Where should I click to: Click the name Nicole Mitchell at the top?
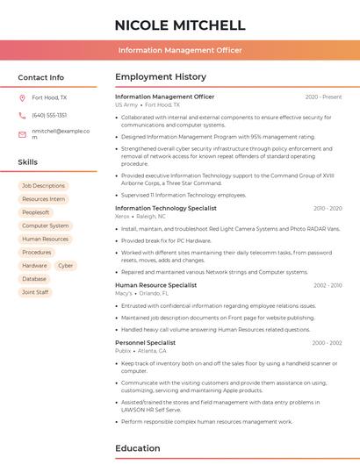(179, 25)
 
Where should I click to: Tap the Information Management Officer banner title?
(179, 51)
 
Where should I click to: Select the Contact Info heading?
(40, 77)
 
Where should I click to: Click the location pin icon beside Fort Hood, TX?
(22, 98)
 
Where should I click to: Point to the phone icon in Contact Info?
(22, 115)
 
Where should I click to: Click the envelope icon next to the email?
(22, 134)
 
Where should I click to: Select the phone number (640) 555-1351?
(49, 115)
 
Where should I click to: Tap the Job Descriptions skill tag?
(43, 186)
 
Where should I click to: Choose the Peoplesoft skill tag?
(36, 212)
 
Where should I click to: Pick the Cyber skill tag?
(66, 265)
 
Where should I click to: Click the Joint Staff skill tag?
(35, 292)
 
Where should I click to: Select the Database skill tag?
(34, 279)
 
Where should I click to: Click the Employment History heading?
(161, 77)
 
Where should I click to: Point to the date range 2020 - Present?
(323, 97)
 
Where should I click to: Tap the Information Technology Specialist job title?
(165, 208)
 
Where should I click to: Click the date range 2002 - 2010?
(327, 285)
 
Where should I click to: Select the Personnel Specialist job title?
(145, 343)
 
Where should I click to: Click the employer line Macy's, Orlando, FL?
(140, 293)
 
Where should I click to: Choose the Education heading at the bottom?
(137, 448)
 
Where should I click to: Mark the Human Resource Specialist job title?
(155, 285)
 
